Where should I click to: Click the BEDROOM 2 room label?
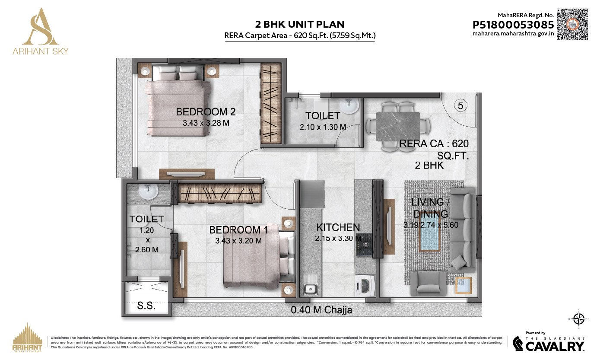[206, 112]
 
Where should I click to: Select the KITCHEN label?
[338, 227]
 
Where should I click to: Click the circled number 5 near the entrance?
[460, 105]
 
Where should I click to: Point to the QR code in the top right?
[572, 24]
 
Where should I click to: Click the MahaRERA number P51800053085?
[513, 25]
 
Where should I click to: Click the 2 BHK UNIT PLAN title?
[300, 24]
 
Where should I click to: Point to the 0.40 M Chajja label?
[321, 310]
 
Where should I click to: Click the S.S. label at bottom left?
[146, 306]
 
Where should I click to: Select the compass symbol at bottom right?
[579, 319]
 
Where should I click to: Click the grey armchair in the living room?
[428, 283]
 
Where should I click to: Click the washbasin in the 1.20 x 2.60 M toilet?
[148, 192]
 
